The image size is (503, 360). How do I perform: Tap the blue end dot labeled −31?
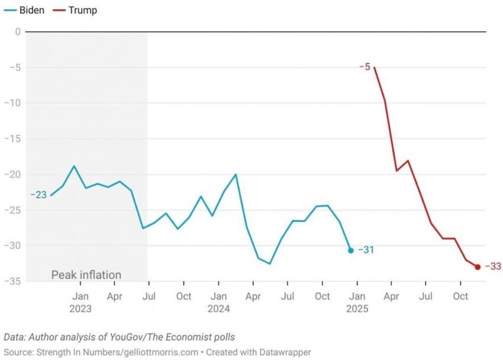[350, 250]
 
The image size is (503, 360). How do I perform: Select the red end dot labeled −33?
[478, 267]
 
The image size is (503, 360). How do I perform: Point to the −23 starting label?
[38, 195]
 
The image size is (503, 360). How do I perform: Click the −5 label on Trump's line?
[365, 67]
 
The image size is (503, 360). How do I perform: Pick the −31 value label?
[366, 250]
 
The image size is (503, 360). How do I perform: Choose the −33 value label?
[493, 266]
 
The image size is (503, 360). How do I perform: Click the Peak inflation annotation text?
[86, 275]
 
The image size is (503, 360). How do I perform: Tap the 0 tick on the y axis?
[18, 31]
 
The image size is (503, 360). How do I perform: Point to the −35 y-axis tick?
[14, 281]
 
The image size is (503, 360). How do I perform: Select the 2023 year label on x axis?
[80, 308]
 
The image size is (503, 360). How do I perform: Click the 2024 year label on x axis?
[218, 308]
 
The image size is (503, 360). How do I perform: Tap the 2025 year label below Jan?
[357, 308]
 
